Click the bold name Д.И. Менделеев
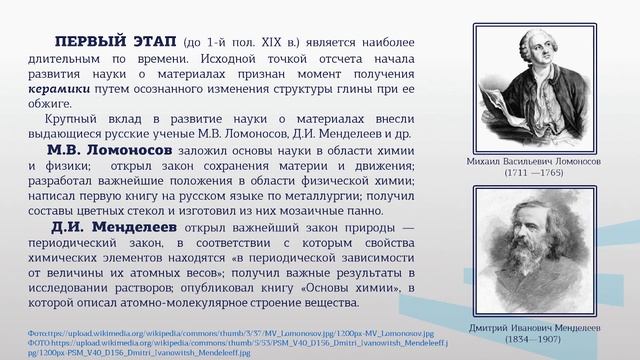[110, 227]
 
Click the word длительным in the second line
[67, 61]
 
